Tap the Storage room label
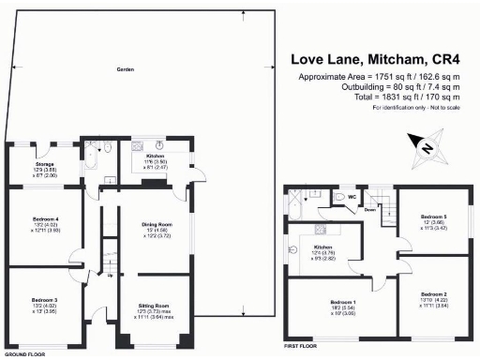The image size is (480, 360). tap(32, 164)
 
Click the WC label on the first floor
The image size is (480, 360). tap(351, 197)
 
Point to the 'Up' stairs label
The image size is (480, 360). tap(110, 275)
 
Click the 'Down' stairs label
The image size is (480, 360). tap(369, 210)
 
